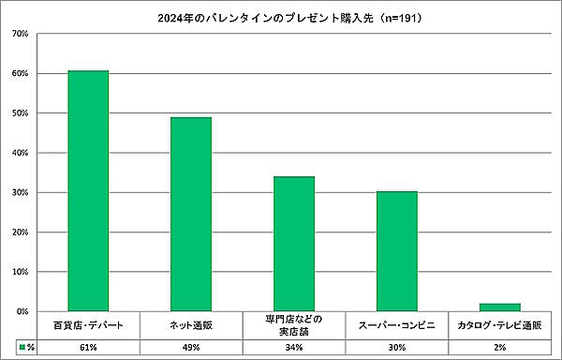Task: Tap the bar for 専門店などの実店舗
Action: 293,244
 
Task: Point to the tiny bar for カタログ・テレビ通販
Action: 499,307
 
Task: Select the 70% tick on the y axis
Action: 20,34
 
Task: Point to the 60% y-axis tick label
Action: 20,73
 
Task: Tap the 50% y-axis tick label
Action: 20,113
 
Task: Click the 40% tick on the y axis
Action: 20,153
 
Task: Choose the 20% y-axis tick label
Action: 20,232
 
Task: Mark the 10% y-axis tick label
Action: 20,272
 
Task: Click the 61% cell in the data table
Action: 88,347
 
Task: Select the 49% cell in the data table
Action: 191,347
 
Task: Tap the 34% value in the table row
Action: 293,347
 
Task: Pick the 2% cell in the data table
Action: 499,347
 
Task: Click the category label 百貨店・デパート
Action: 88,325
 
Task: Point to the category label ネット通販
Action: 191,325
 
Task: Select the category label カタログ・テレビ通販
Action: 499,325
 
